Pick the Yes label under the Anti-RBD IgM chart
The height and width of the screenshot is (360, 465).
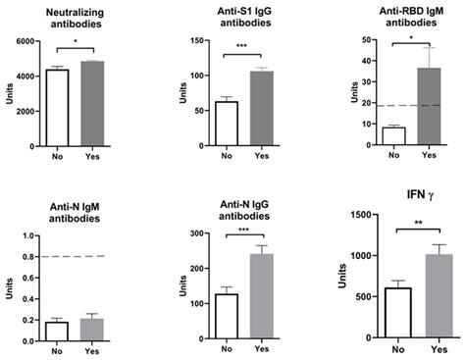(x=429, y=154)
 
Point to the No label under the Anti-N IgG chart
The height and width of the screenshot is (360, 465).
(x=228, y=347)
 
